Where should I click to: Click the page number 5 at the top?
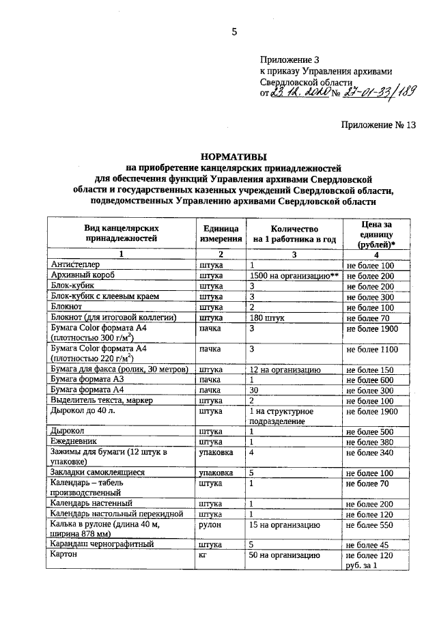pyautogui.click(x=234, y=31)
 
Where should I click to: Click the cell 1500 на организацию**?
pyautogui.click(x=294, y=275)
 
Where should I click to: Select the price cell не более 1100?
pyautogui.click(x=372, y=350)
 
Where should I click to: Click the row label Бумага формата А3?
pyautogui.click(x=84, y=380)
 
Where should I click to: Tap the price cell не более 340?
pyautogui.click(x=371, y=452)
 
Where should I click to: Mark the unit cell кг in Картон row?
pyautogui.click(x=203, y=556)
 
